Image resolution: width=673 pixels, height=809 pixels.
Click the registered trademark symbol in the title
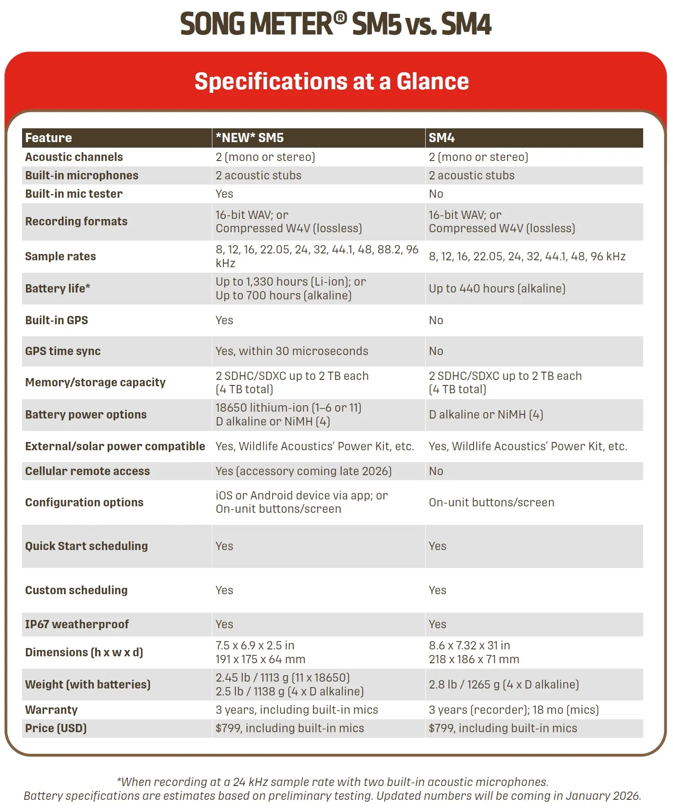tap(340, 18)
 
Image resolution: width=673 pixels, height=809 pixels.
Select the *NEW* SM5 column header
tap(250, 138)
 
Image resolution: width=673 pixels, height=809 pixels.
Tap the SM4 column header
tap(441, 138)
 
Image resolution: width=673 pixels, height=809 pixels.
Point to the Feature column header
tap(48, 138)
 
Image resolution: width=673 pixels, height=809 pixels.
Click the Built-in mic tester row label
tap(74, 194)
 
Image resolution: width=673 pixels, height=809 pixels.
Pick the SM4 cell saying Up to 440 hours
tap(497, 288)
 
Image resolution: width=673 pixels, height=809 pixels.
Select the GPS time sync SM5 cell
tap(292, 351)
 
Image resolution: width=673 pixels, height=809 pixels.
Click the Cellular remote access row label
tap(87, 471)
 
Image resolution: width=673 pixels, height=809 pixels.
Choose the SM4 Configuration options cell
tap(491, 502)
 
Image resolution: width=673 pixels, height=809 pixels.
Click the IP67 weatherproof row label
tap(77, 624)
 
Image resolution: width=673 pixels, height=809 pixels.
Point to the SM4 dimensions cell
tap(473, 652)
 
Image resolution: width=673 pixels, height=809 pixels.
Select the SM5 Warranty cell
tap(297, 710)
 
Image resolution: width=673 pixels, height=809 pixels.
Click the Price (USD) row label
tap(56, 728)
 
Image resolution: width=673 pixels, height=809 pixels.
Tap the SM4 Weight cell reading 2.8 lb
tap(503, 684)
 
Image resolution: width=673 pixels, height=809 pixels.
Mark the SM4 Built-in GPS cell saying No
tap(436, 320)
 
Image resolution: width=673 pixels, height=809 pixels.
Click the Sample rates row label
tap(60, 256)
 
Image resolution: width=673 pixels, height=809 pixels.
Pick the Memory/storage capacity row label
tap(95, 382)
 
